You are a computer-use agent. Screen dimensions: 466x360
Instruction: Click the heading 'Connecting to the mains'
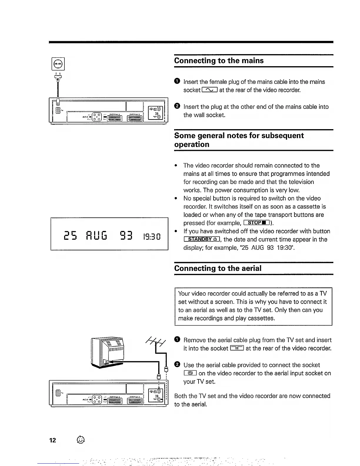click(x=219, y=61)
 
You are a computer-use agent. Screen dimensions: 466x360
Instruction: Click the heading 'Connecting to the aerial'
click(x=218, y=268)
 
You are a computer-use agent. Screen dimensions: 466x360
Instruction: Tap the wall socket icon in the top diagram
click(x=58, y=64)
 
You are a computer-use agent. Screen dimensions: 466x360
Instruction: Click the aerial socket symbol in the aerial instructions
click(x=237, y=349)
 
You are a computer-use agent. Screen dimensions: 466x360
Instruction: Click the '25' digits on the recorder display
click(x=70, y=235)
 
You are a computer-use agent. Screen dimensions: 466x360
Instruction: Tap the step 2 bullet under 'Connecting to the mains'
click(x=176, y=106)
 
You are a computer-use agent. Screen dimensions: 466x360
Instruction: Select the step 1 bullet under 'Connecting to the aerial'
click(x=176, y=340)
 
